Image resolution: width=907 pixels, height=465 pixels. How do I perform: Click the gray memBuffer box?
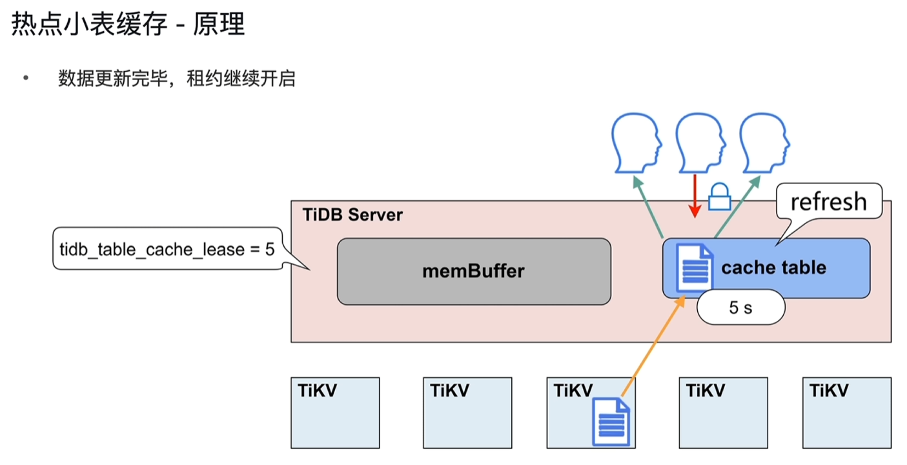(x=473, y=271)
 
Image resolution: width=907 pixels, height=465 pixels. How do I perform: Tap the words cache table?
(x=773, y=267)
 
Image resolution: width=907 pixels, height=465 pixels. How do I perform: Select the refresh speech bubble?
(x=828, y=202)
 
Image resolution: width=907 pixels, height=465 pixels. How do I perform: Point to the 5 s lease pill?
(x=740, y=308)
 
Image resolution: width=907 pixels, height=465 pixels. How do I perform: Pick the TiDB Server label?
(x=352, y=215)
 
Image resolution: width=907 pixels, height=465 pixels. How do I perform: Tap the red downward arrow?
(x=695, y=194)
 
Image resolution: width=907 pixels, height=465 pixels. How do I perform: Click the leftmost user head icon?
(x=636, y=142)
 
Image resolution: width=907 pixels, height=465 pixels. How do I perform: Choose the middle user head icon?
(x=698, y=142)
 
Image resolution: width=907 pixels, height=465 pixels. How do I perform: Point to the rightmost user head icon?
(x=762, y=142)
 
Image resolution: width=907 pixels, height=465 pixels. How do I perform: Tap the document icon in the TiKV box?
(x=611, y=422)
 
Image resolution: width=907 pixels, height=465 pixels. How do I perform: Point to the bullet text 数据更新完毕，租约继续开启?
(x=177, y=79)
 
